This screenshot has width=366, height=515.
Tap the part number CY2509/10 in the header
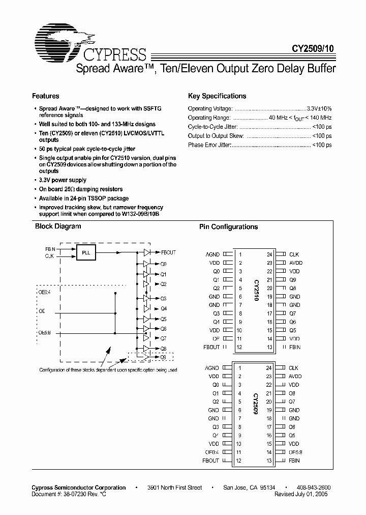coord(313,49)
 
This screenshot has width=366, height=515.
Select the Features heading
coord(46,96)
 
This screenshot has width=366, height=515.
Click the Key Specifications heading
coord(217,96)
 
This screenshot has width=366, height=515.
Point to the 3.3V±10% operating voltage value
coord(319,108)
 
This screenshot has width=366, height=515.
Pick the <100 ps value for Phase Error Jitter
coord(322,145)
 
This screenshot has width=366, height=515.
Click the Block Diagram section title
coord(57,226)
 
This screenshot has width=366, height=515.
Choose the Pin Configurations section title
coord(228,227)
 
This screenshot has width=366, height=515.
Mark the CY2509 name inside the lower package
coord(254,406)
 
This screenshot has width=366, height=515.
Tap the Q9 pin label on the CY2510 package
coord(292,280)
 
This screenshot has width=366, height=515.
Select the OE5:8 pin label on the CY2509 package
coord(295,452)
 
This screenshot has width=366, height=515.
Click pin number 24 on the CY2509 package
coord(269,368)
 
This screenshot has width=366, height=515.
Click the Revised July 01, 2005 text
coord(301,494)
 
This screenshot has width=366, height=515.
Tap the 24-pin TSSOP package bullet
coord(84,198)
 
